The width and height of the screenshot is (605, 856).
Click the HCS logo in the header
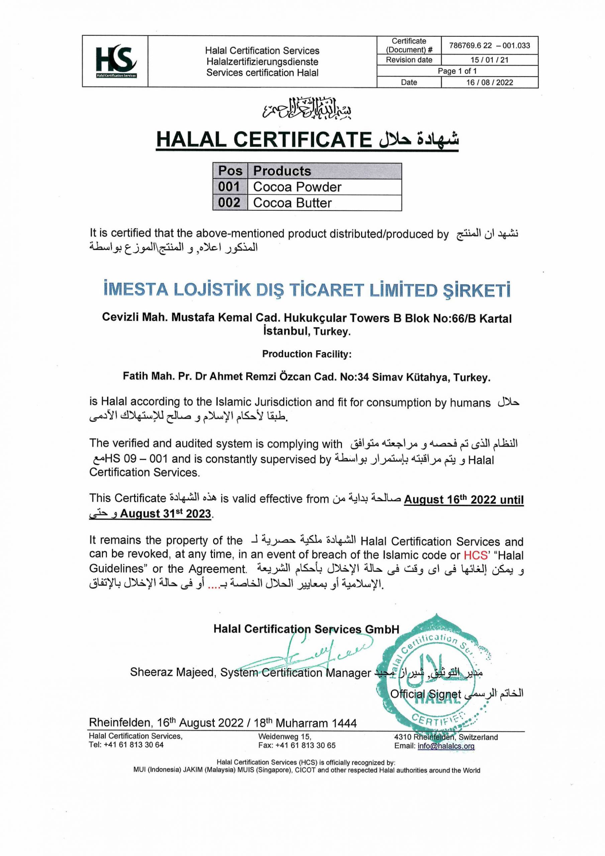coord(115,61)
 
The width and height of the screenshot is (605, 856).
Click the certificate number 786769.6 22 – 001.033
coord(489,45)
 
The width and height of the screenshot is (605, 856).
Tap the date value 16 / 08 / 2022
coord(489,82)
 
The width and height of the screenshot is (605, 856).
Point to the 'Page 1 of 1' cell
coord(457,71)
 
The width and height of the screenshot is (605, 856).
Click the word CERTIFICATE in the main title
coord(302,140)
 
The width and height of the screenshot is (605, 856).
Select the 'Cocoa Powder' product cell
coord(297,187)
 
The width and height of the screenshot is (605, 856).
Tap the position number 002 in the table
coord(229,203)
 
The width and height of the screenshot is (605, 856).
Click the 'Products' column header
coord(282,171)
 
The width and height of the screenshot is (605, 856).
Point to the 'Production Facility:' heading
coord(307,354)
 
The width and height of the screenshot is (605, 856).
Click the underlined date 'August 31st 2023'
coord(166,514)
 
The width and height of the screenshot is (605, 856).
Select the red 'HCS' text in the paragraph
coord(476,555)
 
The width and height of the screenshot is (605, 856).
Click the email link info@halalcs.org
coord(446,746)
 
